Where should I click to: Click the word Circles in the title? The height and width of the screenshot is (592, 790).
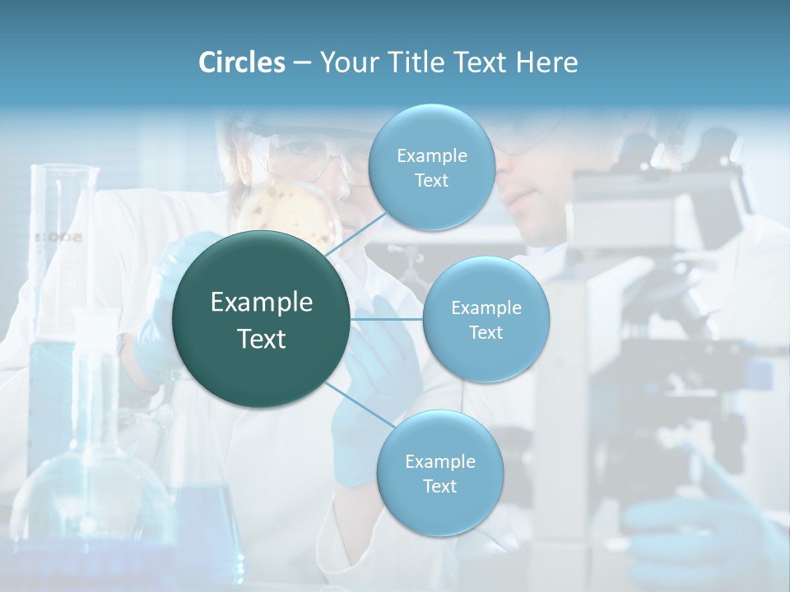point(241,62)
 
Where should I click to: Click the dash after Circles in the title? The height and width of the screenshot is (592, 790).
point(302,63)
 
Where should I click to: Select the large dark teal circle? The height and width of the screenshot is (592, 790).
point(262,319)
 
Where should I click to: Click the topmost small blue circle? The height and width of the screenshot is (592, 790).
point(431,167)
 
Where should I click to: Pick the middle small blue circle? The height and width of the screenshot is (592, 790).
point(486,319)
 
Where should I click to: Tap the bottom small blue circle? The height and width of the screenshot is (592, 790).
point(439,473)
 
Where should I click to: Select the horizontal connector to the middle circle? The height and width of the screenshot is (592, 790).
point(387,319)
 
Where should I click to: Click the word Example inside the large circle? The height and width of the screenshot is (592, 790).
point(262,303)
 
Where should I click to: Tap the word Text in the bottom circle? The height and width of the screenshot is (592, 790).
point(439,486)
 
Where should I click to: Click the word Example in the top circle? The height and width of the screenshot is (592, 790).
point(431,155)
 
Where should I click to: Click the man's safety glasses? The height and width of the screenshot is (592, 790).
point(527,140)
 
